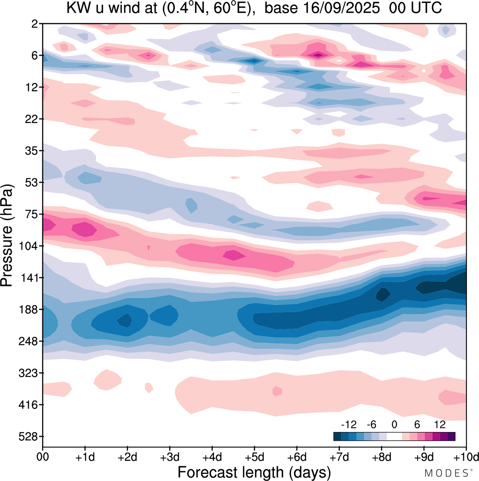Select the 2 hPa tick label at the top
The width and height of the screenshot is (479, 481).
35,24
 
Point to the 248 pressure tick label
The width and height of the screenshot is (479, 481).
28,341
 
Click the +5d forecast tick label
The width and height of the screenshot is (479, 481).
254,457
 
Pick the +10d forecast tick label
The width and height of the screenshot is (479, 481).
466,457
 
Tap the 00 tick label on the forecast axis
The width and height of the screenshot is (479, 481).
43,457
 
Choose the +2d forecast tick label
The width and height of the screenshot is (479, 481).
128,457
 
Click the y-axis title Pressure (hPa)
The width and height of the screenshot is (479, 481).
7,236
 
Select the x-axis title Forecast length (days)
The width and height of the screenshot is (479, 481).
254,472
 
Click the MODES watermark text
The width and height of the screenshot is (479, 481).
446,473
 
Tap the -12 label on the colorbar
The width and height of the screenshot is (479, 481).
348,425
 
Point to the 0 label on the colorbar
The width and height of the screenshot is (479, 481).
394,425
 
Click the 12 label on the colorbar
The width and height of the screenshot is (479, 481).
440,425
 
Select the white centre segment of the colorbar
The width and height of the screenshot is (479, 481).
394,436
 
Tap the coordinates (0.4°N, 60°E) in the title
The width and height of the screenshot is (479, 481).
206,7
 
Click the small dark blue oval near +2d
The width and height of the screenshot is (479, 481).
125,321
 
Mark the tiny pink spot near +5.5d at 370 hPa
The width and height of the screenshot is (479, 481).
277,391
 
